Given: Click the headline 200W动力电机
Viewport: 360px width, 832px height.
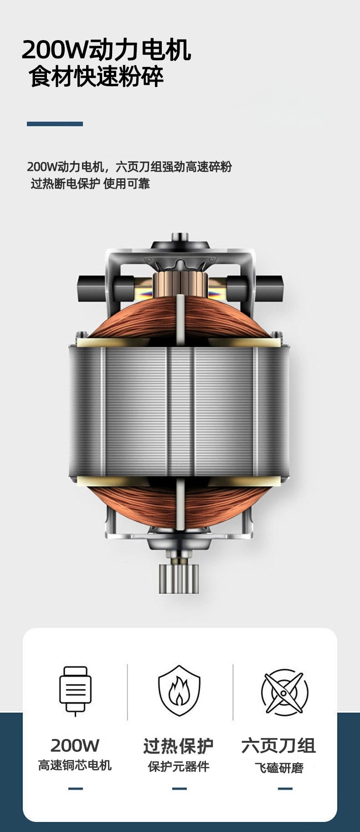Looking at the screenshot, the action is coord(106,50).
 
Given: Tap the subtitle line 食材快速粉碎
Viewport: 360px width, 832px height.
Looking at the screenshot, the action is coord(96,77).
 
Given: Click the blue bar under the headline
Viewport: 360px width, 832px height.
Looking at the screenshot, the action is coord(55,124).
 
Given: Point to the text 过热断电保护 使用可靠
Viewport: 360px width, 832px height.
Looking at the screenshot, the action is coord(90,184).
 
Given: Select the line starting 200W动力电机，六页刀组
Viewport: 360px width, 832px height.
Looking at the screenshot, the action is coord(129,167).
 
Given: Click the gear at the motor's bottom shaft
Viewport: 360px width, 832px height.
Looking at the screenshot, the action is coord(179,578).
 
